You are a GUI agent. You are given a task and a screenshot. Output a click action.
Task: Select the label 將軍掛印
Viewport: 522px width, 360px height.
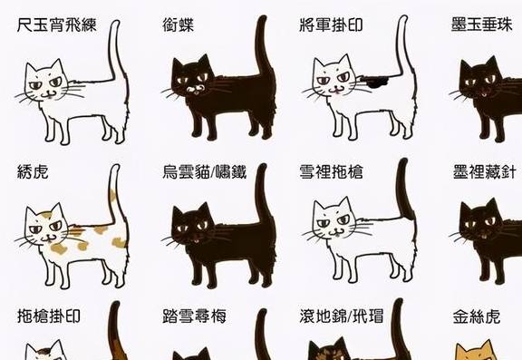(x=331, y=24)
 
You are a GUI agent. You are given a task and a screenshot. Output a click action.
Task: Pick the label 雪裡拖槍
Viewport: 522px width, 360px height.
(x=331, y=171)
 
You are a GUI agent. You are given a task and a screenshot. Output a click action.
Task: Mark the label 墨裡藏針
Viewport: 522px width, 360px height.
(x=487, y=171)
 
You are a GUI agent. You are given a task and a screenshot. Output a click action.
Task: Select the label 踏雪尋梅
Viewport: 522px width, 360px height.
(x=194, y=316)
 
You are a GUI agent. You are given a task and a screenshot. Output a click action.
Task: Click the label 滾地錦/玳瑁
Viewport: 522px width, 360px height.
(x=345, y=316)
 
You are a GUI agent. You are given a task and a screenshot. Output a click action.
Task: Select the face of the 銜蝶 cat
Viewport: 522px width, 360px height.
(x=192, y=82)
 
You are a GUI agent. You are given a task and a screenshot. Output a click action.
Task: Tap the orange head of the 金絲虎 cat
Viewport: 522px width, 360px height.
(x=476, y=352)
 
